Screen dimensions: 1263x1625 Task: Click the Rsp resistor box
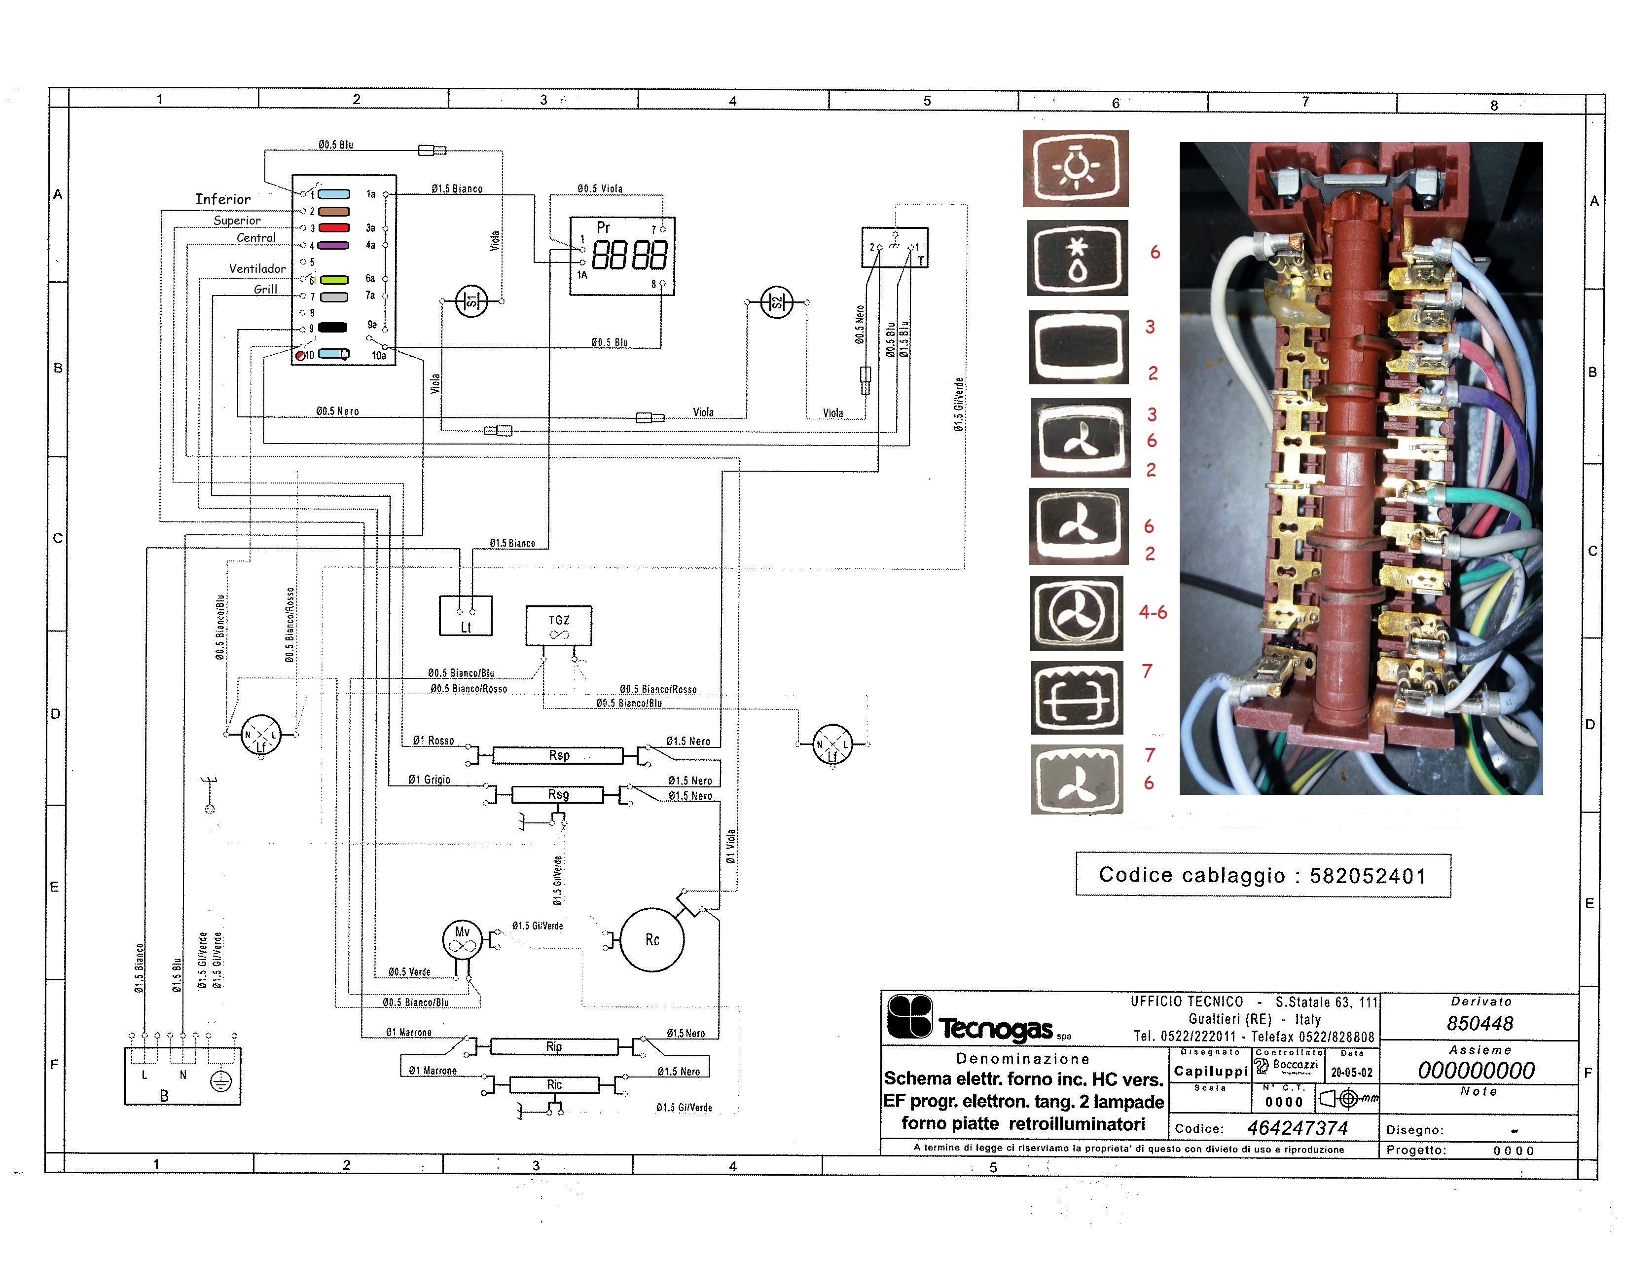click(558, 755)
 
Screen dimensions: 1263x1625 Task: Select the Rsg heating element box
click(558, 795)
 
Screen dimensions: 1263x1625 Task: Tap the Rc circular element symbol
click(652, 939)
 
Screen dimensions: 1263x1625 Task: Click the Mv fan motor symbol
click(462, 940)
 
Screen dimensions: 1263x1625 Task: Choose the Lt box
click(466, 616)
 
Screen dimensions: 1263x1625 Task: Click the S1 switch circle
click(471, 301)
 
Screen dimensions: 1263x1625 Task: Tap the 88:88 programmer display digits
click(629, 255)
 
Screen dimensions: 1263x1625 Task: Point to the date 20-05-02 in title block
click(1352, 1073)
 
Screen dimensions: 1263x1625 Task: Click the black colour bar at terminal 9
click(332, 327)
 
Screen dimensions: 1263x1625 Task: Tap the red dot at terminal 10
click(301, 355)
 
